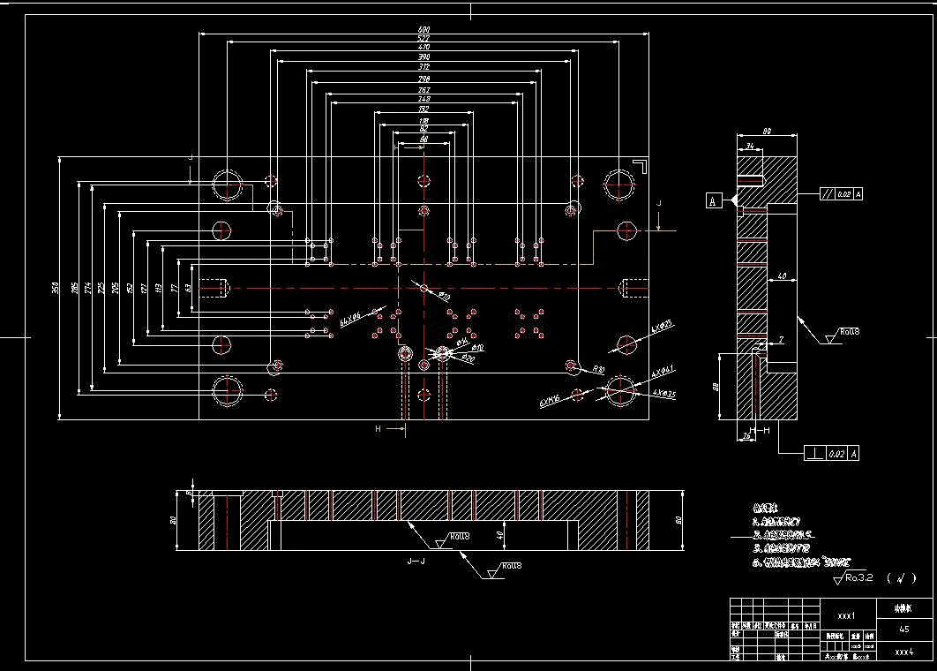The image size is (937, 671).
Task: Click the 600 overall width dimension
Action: click(424, 30)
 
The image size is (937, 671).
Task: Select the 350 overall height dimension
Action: click(55, 288)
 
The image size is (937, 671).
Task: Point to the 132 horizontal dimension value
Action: click(424, 109)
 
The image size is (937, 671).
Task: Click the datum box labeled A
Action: click(712, 201)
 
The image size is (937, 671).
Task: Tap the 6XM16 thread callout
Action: click(551, 401)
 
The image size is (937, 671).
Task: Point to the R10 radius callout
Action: click(597, 369)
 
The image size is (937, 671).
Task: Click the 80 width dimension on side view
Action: click(767, 132)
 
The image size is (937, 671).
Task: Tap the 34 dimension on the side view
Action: click(748, 146)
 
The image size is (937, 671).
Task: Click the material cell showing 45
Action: click(903, 630)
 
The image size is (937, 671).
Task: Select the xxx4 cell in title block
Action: click(903, 652)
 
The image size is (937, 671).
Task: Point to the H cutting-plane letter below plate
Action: click(378, 428)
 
